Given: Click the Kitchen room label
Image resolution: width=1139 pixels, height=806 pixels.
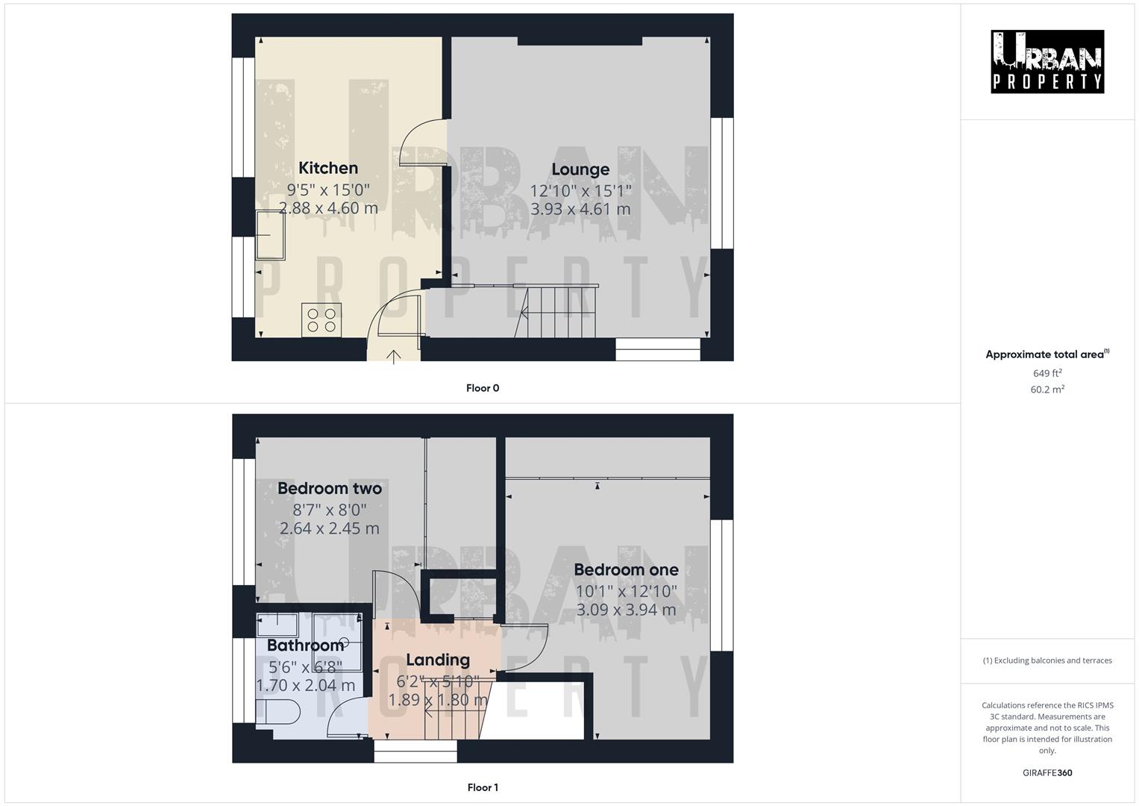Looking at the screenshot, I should [328, 168].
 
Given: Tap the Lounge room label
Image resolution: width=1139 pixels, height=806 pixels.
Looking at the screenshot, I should [580, 169].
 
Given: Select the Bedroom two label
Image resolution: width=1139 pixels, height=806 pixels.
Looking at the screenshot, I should [330, 489].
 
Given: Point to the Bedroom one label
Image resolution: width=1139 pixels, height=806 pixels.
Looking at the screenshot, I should [626, 570].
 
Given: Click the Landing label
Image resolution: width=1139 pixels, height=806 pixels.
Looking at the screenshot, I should [438, 660].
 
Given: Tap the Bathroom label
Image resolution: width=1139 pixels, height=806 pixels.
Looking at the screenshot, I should [305, 646].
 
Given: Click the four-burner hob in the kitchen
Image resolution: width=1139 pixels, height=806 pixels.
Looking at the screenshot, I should [321, 319].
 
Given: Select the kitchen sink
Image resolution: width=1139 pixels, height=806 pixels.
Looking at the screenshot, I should [270, 235].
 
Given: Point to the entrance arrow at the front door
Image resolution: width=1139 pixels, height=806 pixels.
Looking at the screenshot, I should [394, 357].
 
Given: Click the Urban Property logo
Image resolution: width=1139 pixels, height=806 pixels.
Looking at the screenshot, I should [1047, 62].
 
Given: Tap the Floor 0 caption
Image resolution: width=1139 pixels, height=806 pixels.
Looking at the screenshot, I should [483, 388].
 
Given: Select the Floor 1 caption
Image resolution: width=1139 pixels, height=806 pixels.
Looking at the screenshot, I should [483, 787].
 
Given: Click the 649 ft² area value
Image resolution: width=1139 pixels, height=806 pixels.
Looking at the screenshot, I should [1047, 373].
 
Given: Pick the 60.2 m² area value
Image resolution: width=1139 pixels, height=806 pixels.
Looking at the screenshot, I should [1047, 390].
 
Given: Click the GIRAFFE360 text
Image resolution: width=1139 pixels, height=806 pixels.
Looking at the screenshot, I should [1047, 773].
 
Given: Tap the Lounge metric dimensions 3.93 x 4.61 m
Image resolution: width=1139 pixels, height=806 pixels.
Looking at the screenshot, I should [580, 210].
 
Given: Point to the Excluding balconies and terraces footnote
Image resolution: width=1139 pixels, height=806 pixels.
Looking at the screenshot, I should [1047, 660].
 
